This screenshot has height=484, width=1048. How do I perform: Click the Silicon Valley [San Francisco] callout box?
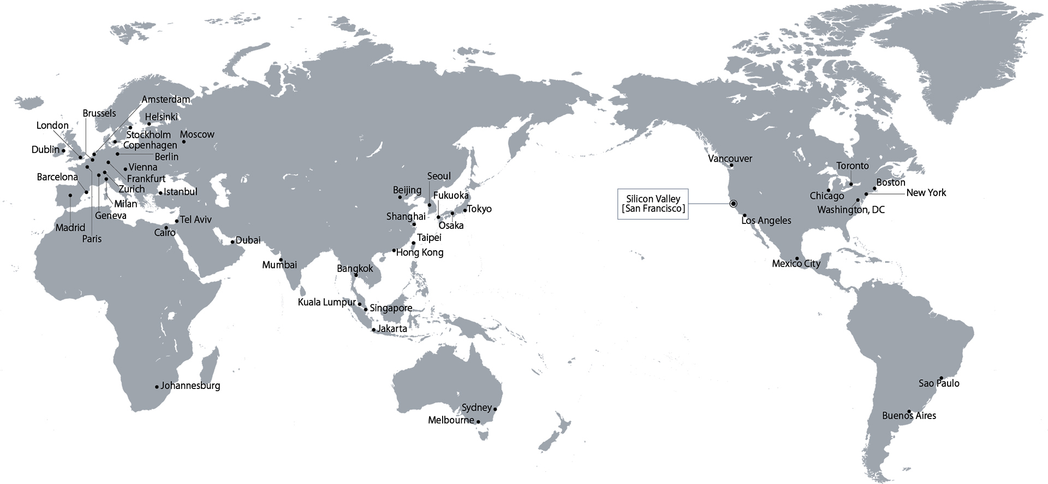(653, 204)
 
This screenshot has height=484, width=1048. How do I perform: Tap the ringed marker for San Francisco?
(733, 204)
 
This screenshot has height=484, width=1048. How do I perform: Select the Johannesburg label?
(190, 386)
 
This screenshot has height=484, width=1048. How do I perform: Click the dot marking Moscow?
(184, 142)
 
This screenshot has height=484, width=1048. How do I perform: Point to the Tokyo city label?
(480, 209)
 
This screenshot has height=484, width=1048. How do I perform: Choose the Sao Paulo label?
(939, 383)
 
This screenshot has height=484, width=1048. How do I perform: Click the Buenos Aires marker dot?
(909, 411)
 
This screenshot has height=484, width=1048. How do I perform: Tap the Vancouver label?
(730, 158)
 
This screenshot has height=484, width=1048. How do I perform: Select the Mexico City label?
(796, 264)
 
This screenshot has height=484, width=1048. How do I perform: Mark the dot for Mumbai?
(281, 259)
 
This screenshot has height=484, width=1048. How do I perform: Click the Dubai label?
(248, 240)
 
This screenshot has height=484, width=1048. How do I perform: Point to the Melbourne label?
(451, 420)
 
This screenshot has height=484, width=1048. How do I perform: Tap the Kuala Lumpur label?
(326, 302)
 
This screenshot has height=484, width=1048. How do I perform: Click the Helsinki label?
(162, 117)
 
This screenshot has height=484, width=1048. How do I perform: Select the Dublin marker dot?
(63, 150)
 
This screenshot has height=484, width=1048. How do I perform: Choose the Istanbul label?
(181, 192)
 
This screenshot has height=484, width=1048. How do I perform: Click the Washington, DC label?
(850, 210)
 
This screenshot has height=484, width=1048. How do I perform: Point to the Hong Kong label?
(420, 252)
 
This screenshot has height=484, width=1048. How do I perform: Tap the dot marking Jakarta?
(374, 330)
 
